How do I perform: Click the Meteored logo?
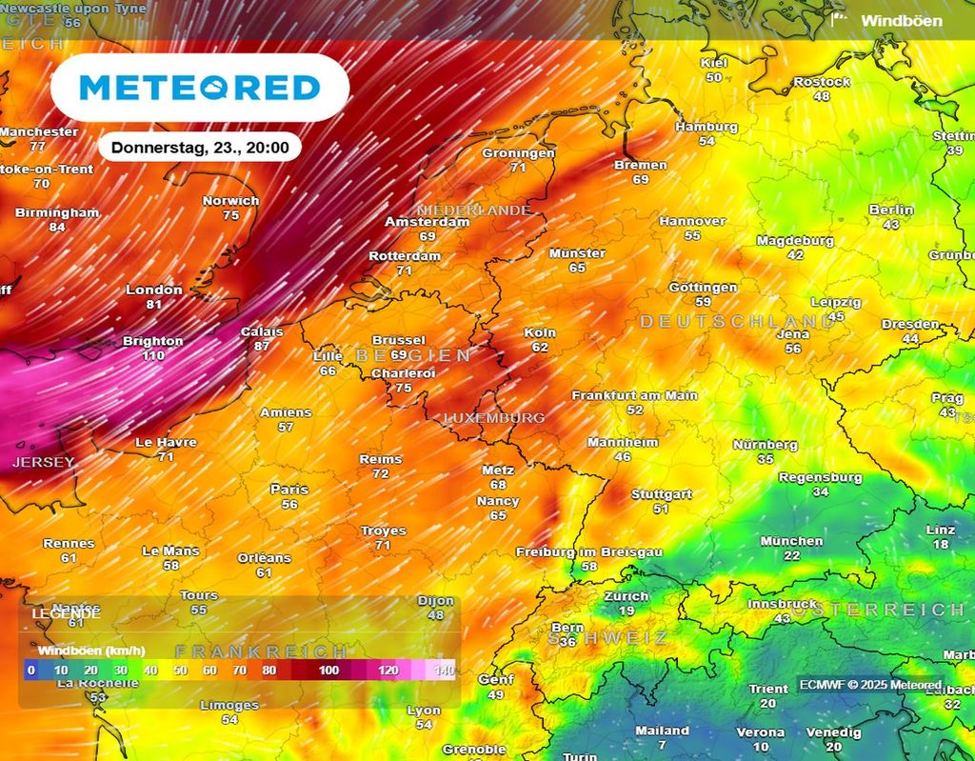(x=200, y=88)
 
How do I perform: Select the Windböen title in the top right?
(x=901, y=20)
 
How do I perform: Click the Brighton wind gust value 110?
(x=153, y=355)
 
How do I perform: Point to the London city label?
(x=154, y=290)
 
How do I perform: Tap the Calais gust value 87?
(x=261, y=346)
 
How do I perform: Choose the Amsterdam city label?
(x=428, y=222)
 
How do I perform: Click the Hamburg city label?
(x=706, y=127)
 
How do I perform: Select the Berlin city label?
(x=891, y=210)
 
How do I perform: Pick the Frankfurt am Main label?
(x=634, y=395)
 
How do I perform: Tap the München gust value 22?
(x=791, y=555)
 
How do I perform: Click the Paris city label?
(x=289, y=490)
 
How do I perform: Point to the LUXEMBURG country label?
(x=495, y=417)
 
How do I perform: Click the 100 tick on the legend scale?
(x=329, y=671)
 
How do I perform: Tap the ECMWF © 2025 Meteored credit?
(x=870, y=685)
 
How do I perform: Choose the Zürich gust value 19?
(x=626, y=611)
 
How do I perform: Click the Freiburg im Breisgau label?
(x=588, y=552)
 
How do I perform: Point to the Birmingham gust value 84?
(x=57, y=227)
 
